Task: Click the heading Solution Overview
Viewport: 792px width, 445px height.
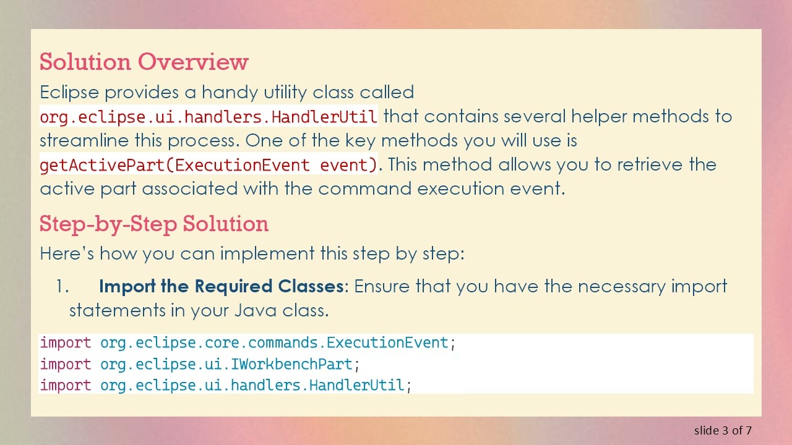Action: pos(144,62)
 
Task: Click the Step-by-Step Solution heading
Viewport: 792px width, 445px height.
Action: pos(153,224)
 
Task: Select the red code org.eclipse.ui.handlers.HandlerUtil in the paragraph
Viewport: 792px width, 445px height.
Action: pos(209,116)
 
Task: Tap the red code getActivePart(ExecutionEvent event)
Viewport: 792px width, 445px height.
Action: pos(209,165)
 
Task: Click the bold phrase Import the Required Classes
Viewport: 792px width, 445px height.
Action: pos(221,286)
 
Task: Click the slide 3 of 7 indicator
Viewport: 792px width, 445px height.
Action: pos(723,430)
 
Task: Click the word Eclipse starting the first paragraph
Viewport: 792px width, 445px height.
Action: pos(69,93)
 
